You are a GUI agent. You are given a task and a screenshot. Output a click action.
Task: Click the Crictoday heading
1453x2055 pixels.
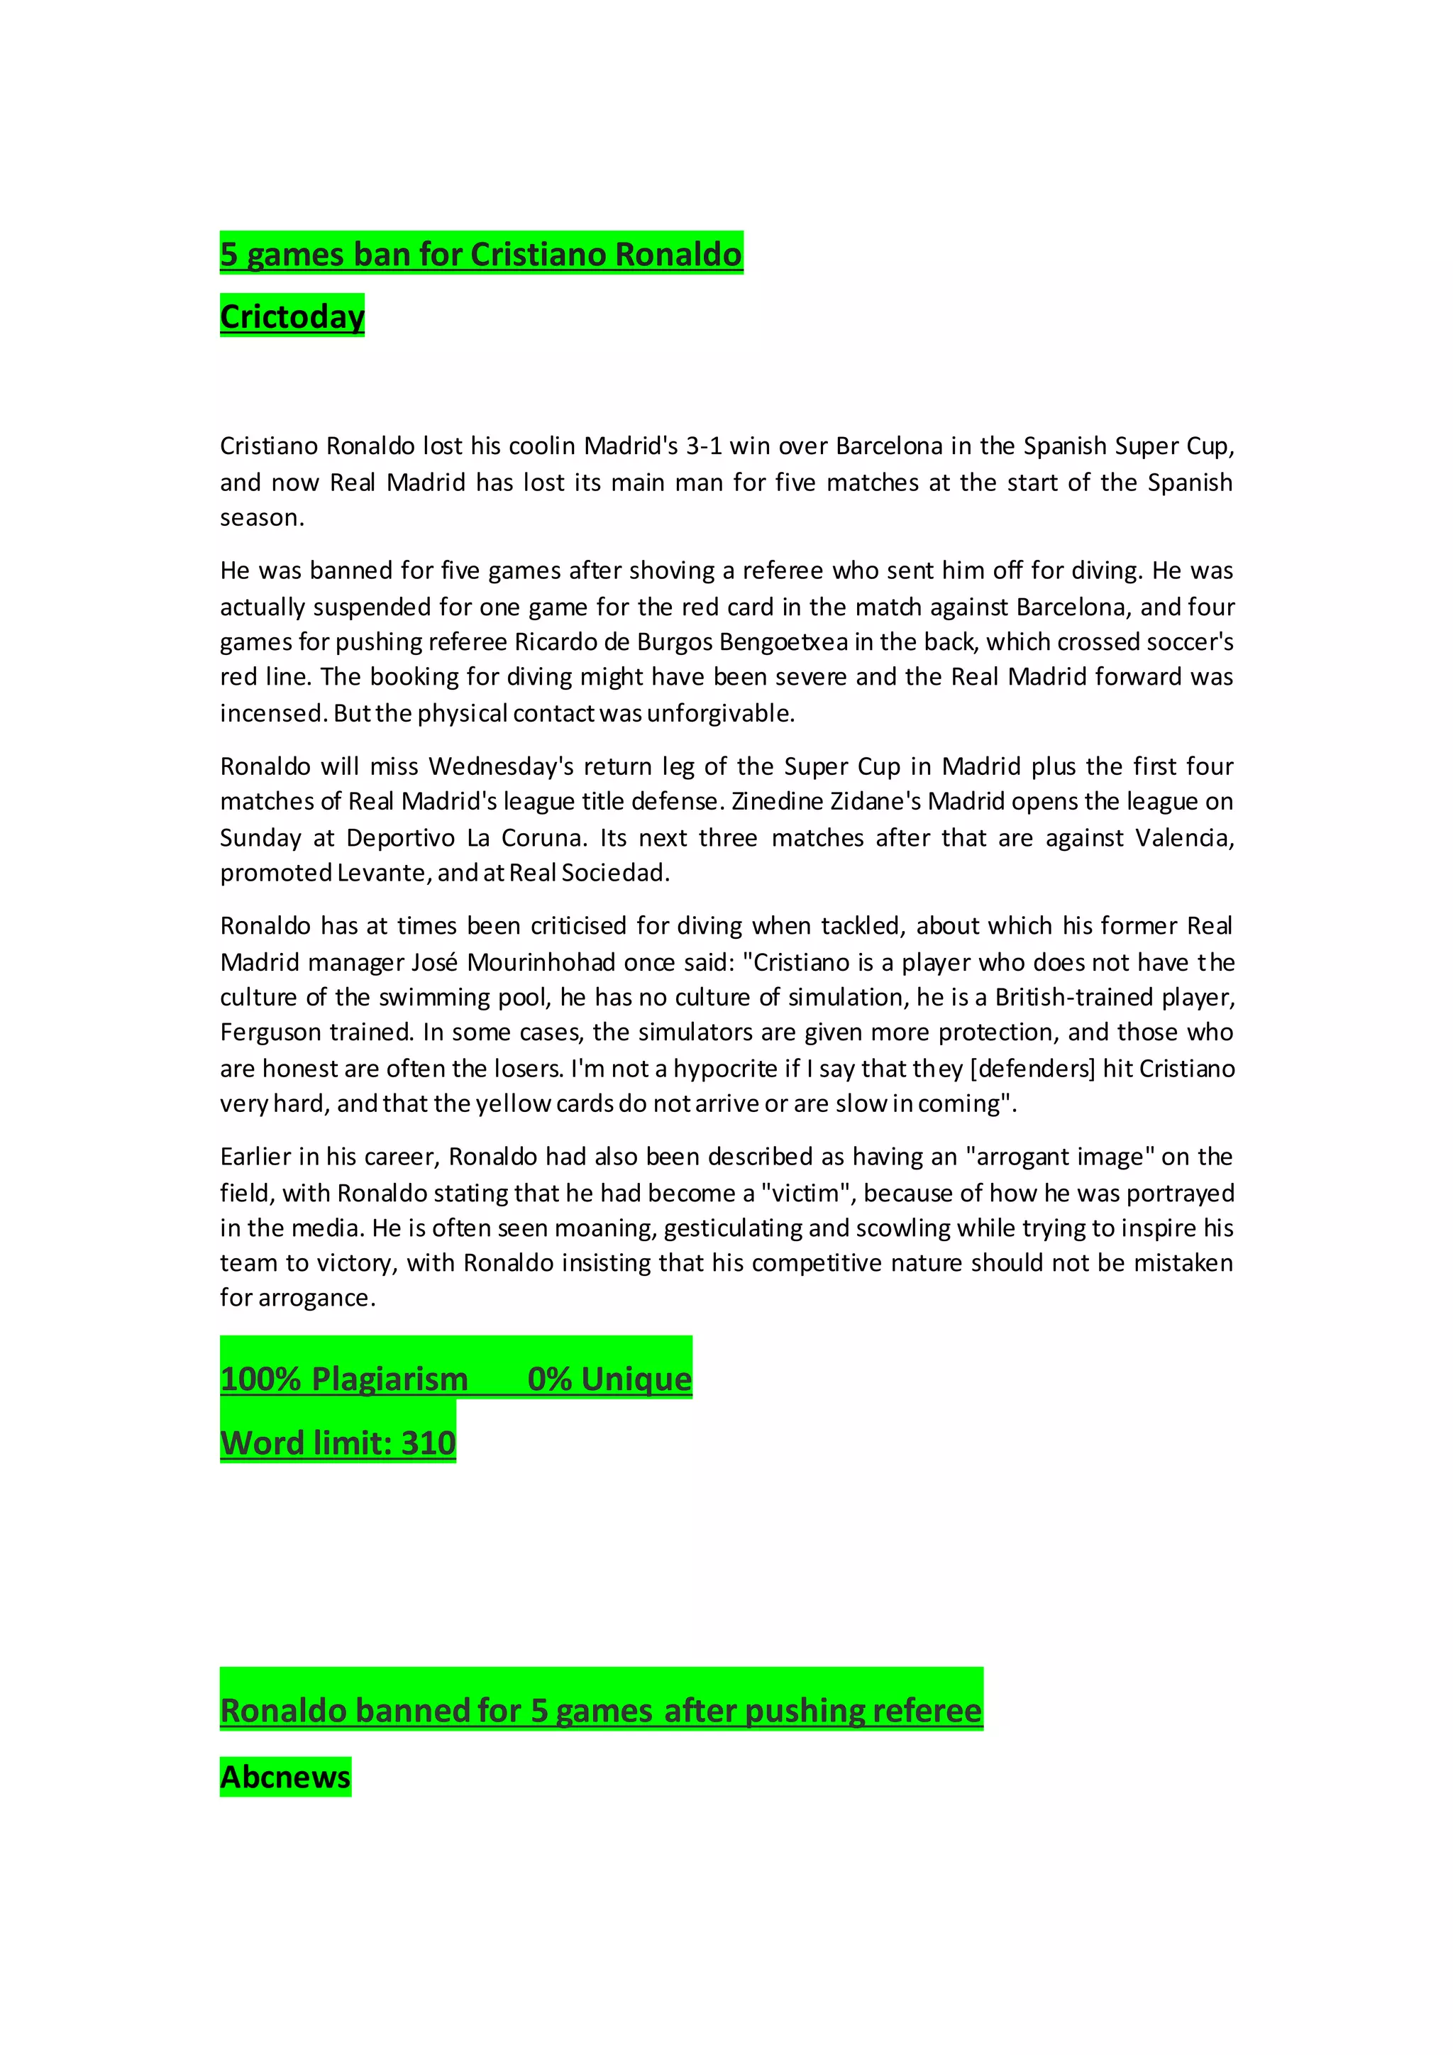point(292,317)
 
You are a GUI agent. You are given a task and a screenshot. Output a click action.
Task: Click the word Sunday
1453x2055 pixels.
point(260,838)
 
